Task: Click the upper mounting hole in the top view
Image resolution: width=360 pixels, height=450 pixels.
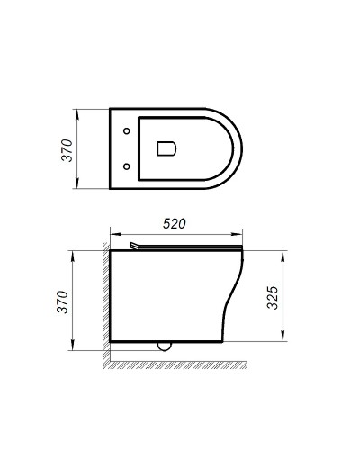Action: [x=126, y=131]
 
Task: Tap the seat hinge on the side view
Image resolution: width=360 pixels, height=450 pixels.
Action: [x=134, y=246]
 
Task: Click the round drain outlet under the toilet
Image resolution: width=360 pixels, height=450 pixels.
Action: [x=164, y=345]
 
